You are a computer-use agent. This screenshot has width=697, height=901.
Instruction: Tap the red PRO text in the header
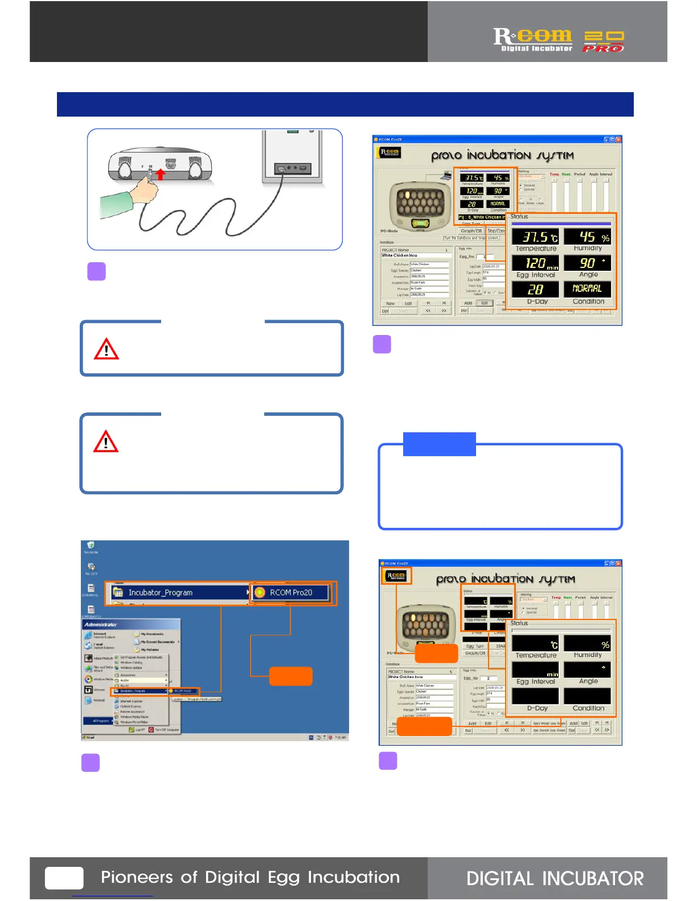tap(603, 49)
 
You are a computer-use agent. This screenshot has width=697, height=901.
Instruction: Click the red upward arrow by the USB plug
tap(161, 174)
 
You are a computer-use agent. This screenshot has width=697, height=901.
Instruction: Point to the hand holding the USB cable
tap(145, 187)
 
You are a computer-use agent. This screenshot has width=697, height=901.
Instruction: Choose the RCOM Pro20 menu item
tap(291, 592)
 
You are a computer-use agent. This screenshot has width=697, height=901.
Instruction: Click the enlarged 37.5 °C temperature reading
tap(535, 237)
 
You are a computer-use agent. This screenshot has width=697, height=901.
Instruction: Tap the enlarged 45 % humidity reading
tap(587, 237)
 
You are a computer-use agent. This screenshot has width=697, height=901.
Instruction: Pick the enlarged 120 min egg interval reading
tap(535, 263)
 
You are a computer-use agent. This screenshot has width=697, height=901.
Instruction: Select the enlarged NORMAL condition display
tap(587, 289)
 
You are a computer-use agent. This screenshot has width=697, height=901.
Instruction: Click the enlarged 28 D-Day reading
tap(535, 290)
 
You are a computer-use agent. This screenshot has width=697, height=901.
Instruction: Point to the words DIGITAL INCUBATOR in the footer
tap(555, 879)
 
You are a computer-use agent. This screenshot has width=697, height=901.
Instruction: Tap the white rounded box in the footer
tap(64, 878)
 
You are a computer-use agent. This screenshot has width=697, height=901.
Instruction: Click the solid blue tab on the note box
tap(439, 444)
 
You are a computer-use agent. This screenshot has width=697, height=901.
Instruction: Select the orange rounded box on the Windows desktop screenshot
tap(290, 676)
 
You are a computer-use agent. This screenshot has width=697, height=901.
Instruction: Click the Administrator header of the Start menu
tap(101, 624)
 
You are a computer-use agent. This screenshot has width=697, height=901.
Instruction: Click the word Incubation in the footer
tap(354, 877)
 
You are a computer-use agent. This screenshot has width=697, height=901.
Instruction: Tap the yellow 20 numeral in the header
tap(604, 37)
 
